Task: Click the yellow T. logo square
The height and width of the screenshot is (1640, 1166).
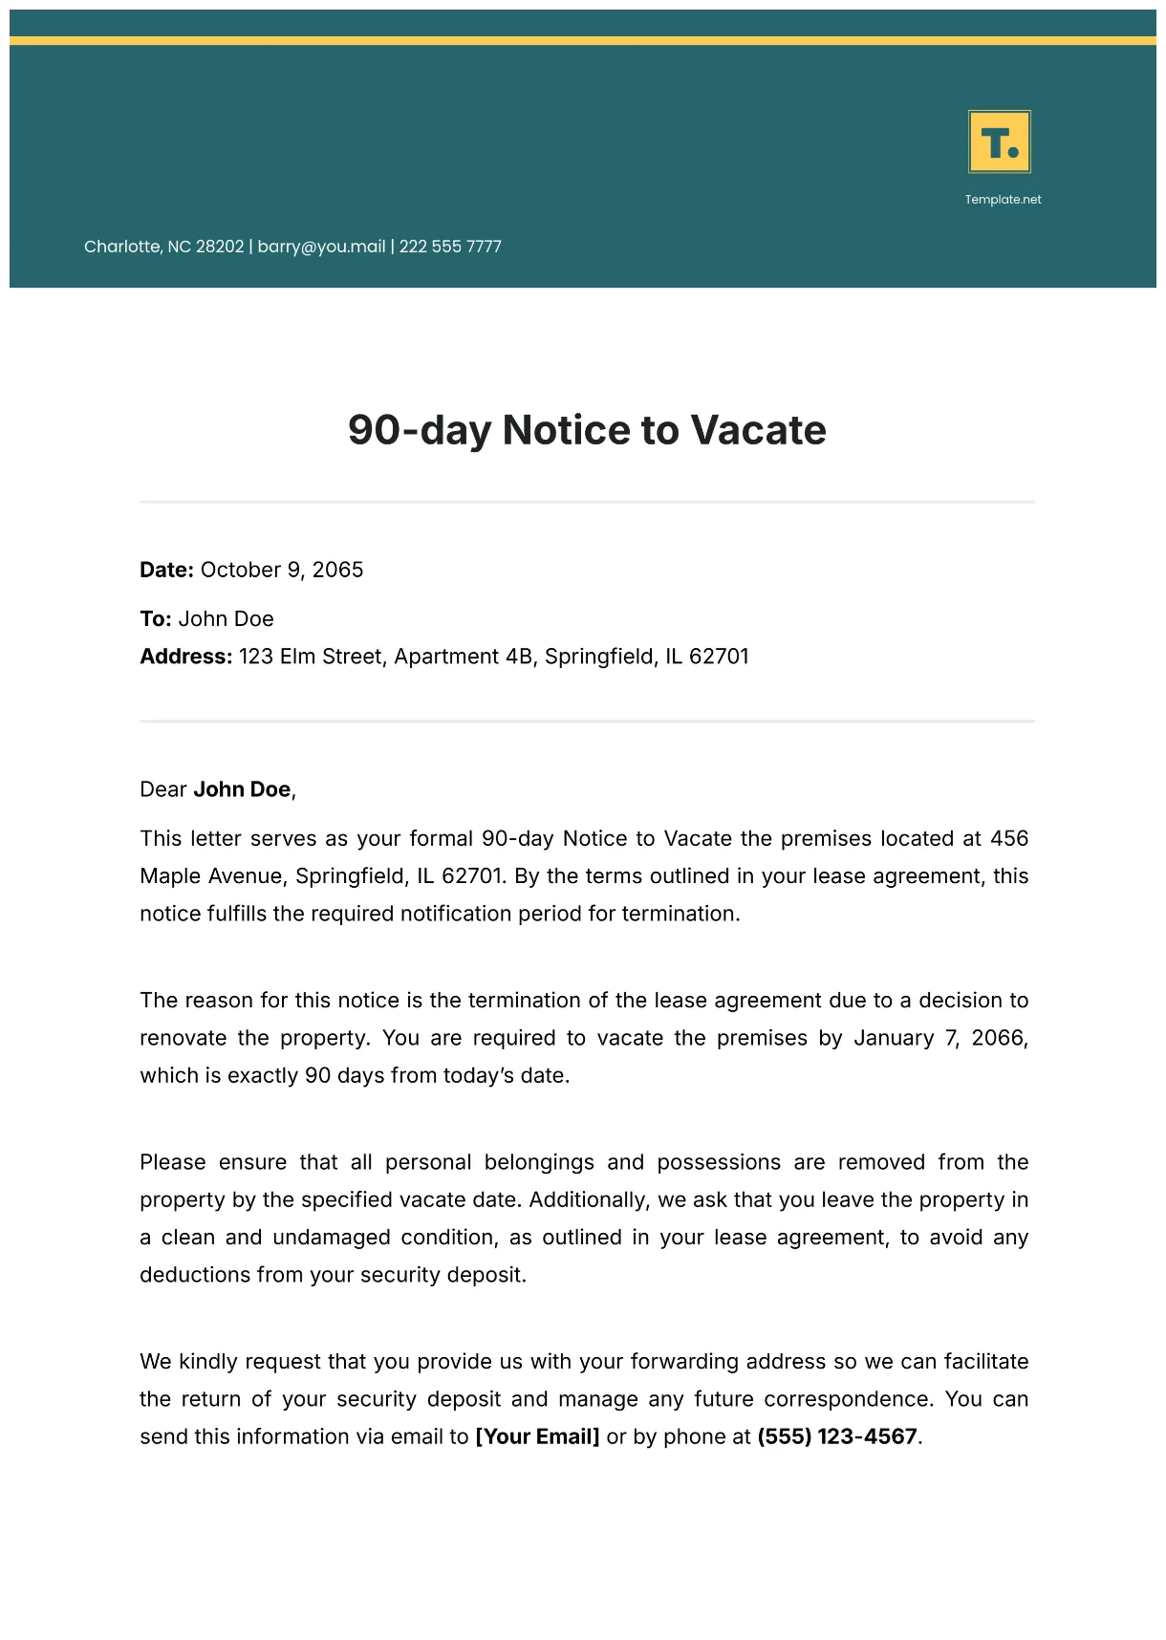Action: tap(1000, 141)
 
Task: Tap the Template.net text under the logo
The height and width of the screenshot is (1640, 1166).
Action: tap(1003, 200)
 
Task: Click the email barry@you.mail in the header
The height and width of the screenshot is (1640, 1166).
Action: tap(321, 247)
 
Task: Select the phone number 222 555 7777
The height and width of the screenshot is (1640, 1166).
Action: tap(450, 247)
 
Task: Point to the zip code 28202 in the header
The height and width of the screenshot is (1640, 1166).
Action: tap(220, 247)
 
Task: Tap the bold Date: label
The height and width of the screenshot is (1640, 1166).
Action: tap(166, 570)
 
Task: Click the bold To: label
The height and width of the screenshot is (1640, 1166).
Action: tap(155, 619)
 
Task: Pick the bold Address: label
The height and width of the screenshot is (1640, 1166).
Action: tap(185, 657)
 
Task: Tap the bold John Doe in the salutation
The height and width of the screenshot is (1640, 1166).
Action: tap(242, 789)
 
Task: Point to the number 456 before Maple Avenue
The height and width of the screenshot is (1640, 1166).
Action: tap(1008, 839)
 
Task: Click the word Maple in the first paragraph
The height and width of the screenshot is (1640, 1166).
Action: tap(170, 876)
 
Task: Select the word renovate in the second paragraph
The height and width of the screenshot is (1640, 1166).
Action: tap(183, 1038)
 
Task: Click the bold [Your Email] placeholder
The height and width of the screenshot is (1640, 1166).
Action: tap(537, 1437)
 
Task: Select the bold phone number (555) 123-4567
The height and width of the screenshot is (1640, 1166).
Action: tap(837, 1437)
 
